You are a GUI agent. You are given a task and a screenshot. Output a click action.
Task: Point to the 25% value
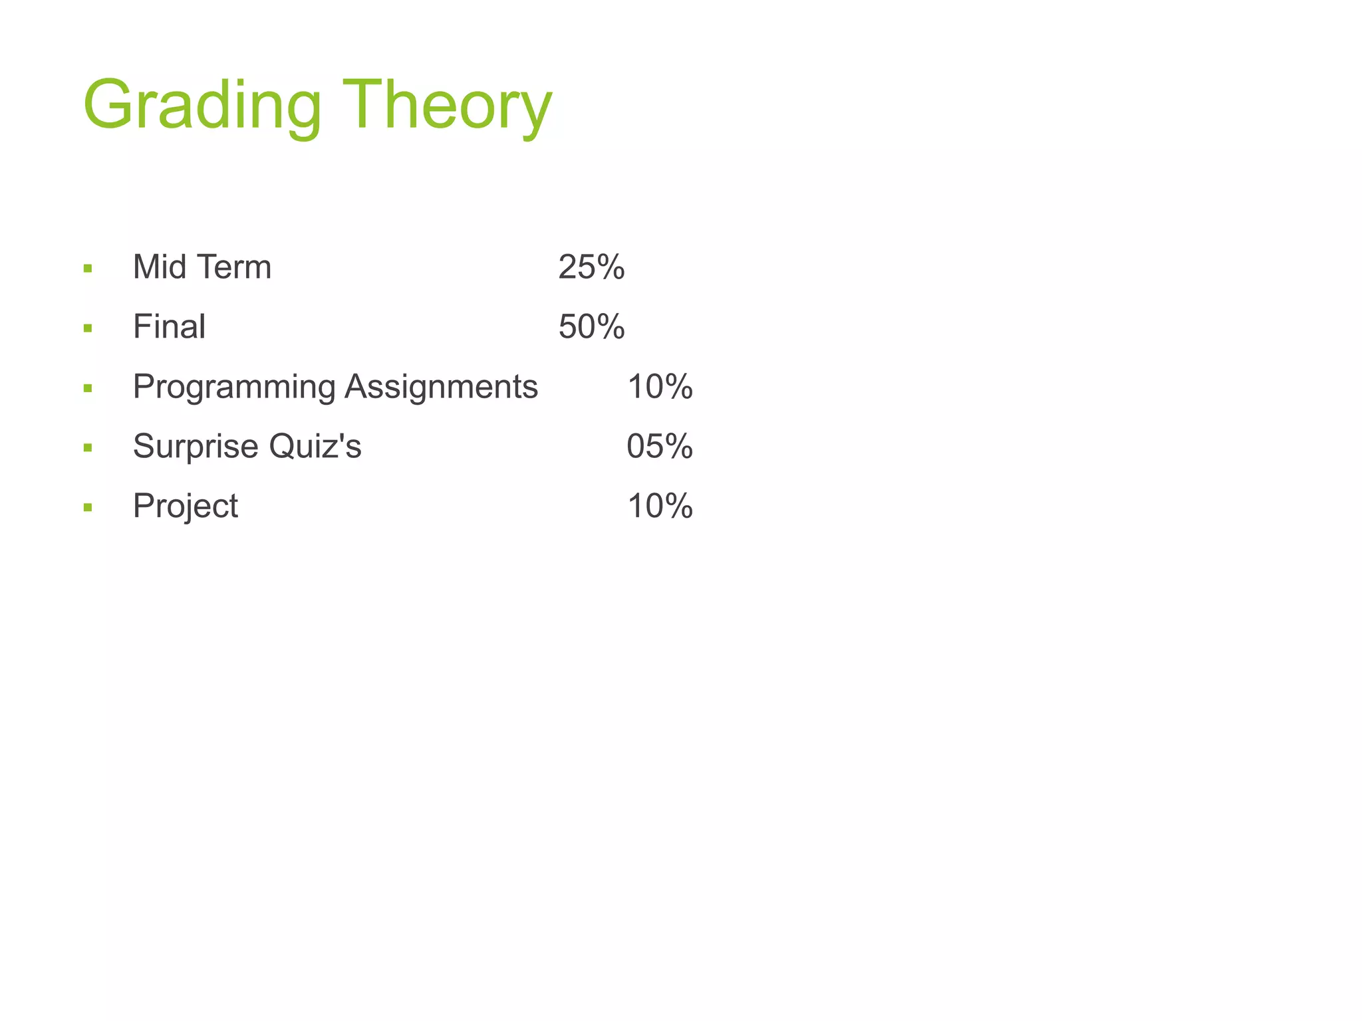point(591,267)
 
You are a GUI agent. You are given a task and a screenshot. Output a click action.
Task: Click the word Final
point(169,327)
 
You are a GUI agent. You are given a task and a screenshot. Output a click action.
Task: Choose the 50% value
point(591,327)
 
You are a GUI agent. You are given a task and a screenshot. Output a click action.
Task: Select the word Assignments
point(441,387)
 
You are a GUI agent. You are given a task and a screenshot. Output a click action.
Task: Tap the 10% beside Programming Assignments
point(660,387)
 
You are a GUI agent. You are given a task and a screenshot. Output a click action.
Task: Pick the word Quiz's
point(315,446)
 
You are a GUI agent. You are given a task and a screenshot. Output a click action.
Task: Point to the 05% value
point(660,446)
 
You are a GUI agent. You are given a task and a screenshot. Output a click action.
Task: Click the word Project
point(185,507)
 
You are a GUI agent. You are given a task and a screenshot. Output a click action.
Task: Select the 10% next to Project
point(660,507)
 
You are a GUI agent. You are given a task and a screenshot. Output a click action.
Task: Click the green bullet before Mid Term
point(88,269)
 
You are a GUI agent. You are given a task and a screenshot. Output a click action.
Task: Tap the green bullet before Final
point(88,328)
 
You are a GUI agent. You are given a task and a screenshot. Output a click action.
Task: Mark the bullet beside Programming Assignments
point(88,388)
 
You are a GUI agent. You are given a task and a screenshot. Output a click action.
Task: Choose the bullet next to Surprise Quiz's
point(88,448)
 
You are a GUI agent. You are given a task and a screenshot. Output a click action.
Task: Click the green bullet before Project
point(88,508)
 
